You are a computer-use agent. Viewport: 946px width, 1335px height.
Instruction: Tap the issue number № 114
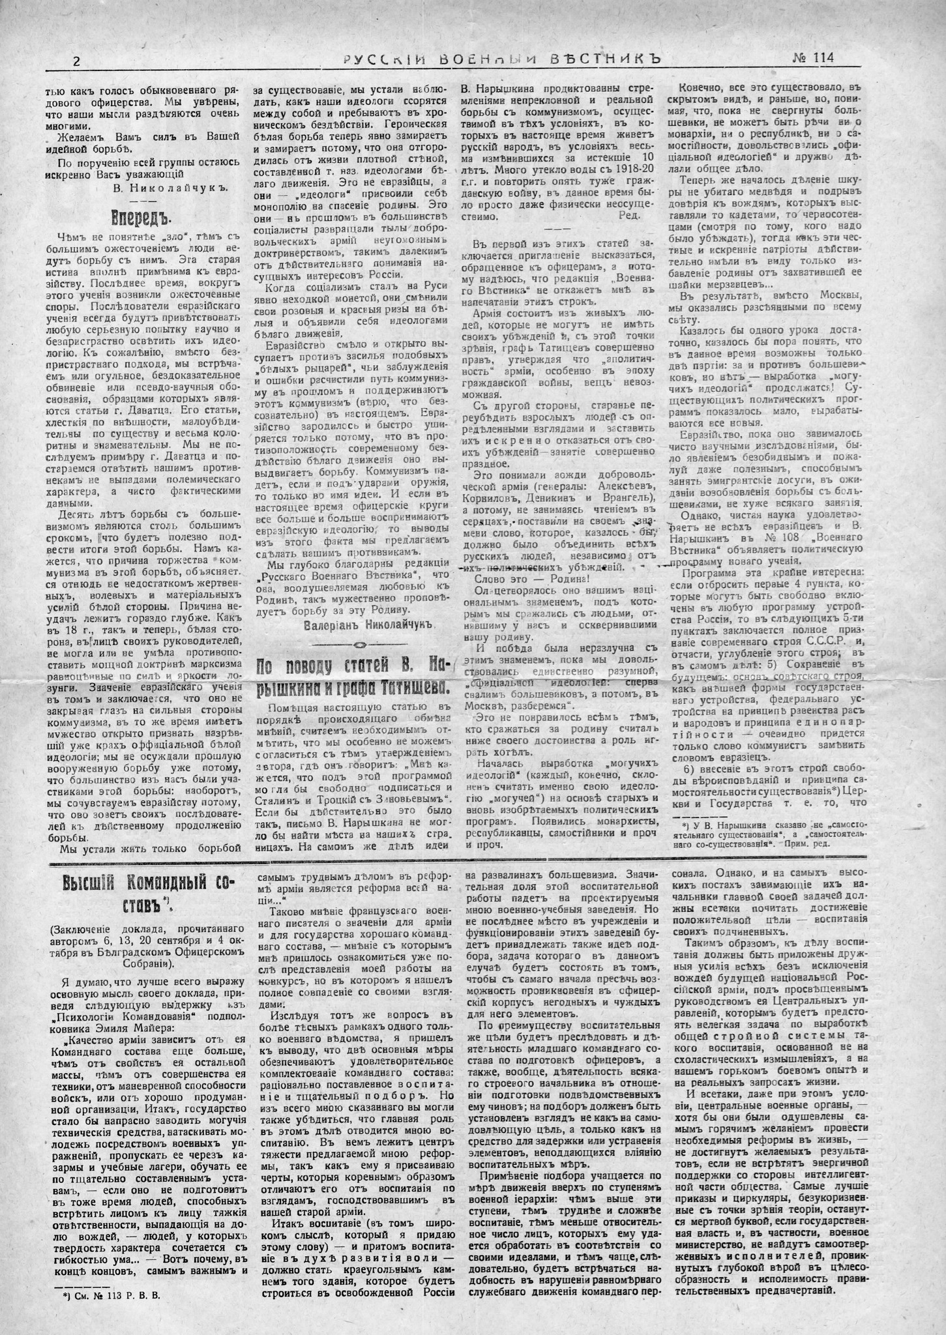click(x=812, y=58)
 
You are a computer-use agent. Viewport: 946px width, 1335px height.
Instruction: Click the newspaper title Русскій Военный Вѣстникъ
click(x=503, y=59)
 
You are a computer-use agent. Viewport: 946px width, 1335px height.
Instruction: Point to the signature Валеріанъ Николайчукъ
click(x=368, y=625)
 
